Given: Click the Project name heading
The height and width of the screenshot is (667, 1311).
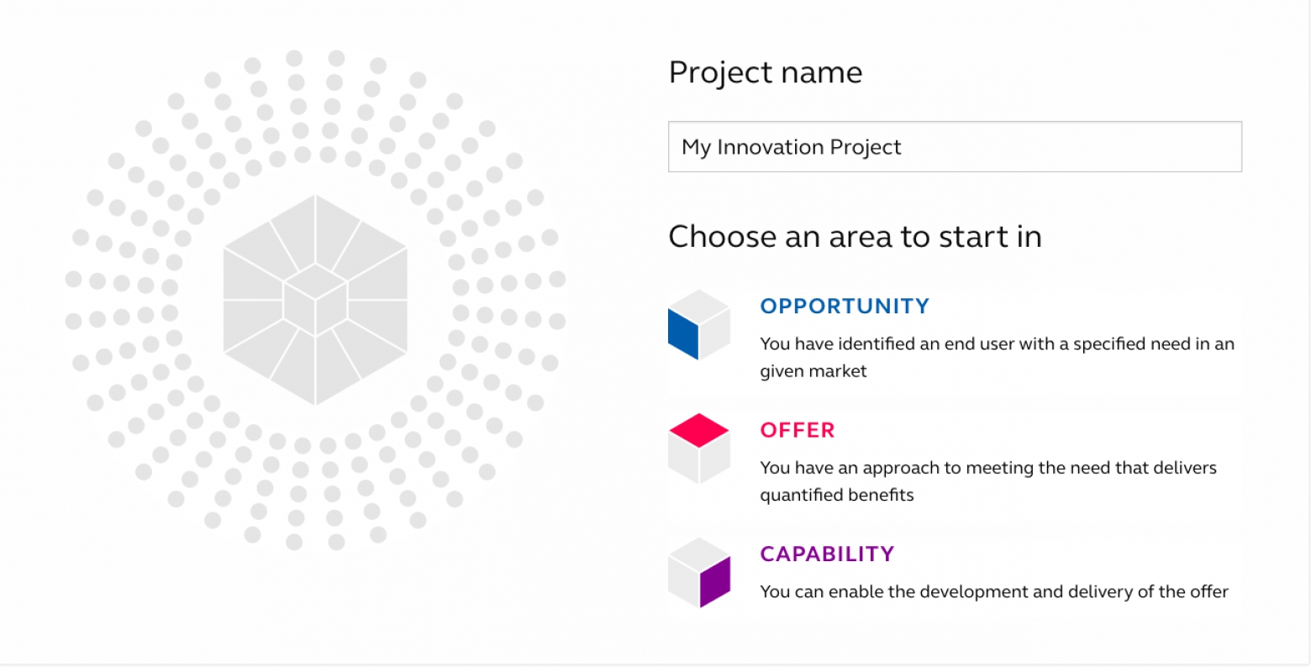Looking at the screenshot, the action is (766, 72).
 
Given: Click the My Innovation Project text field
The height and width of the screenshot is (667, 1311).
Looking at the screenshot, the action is (955, 147).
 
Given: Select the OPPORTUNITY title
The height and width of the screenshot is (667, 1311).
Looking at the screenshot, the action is (845, 306).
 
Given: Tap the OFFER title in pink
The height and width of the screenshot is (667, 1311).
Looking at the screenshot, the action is (798, 430).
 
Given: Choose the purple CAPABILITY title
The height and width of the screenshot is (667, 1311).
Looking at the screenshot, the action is (827, 554).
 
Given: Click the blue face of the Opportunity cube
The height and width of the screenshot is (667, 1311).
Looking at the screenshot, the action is (683, 333).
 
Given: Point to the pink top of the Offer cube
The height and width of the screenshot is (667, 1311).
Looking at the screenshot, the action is (699, 430).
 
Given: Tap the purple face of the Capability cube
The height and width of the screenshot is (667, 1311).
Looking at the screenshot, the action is (715, 581).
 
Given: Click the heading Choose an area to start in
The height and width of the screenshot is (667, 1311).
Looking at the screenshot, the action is (855, 237).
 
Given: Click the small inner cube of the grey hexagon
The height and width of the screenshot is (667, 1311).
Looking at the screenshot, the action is (315, 300).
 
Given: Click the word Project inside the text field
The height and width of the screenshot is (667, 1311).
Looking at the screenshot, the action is (866, 148).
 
